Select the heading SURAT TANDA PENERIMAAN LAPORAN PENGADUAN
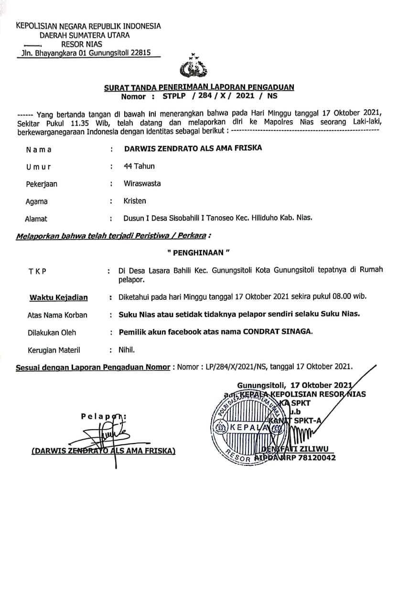pos(199,87)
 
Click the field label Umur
pos(39,167)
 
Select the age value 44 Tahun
pos(139,166)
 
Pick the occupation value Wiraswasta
pos(142,183)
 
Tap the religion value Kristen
pos(135,201)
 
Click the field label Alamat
pos(36,219)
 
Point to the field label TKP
pos(37,271)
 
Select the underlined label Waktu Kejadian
pos(59,297)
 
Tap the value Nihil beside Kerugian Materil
pos(127,350)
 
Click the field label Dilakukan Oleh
pos(52,332)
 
